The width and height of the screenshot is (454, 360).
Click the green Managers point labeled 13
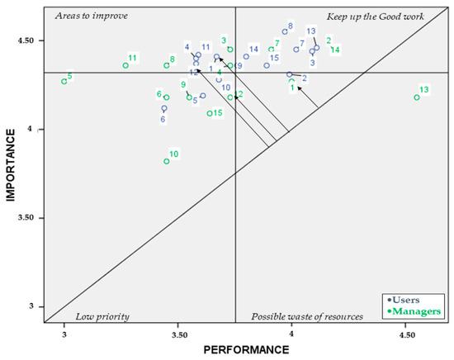click(417, 97)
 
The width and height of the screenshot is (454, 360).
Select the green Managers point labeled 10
click(167, 162)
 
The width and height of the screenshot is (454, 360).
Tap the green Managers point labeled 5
click(64, 81)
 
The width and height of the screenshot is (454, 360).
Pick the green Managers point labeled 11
click(125, 65)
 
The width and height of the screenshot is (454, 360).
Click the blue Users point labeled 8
click(285, 32)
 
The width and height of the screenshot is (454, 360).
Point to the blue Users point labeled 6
click(164, 108)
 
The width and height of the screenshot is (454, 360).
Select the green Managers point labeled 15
click(210, 114)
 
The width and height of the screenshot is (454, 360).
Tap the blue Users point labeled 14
click(246, 57)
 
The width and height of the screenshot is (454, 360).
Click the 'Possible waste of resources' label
click(306, 316)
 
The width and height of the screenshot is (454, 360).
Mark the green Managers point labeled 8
click(167, 65)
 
